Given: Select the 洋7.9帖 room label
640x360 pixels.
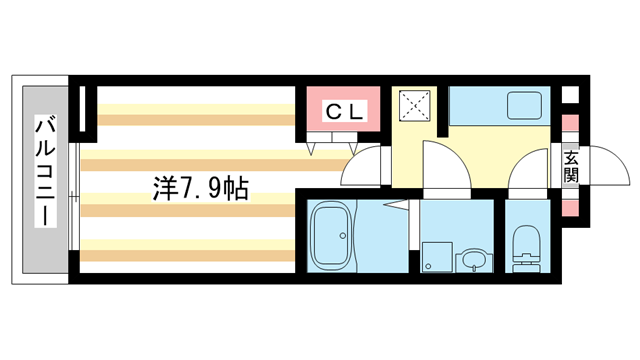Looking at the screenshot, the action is pos(201,187).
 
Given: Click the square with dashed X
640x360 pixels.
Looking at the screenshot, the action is pos(415,105).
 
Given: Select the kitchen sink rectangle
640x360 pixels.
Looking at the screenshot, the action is pos(524,105).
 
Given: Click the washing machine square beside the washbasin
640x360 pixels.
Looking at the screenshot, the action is pos(436,257).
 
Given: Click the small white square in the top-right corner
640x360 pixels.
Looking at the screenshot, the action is pos(570,95).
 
